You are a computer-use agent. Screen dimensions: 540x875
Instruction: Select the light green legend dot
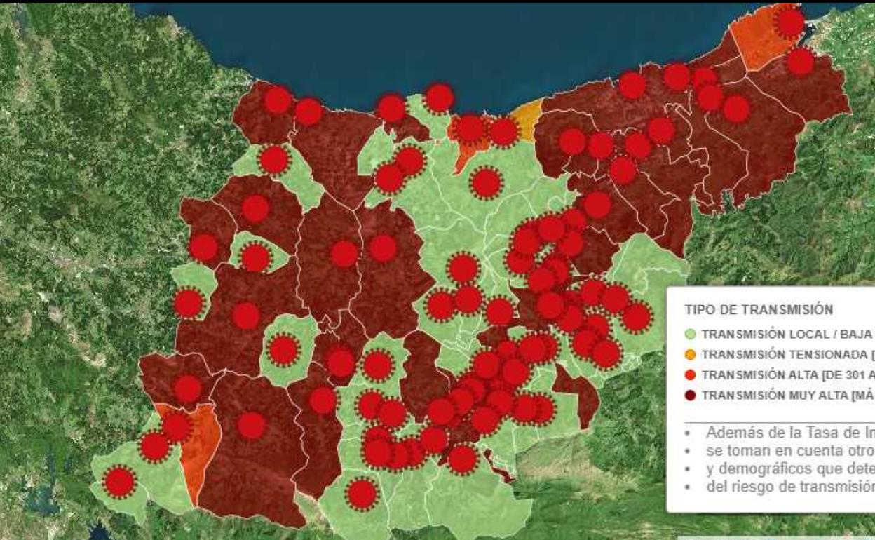(691, 334)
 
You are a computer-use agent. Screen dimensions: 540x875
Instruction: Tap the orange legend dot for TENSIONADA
(691, 354)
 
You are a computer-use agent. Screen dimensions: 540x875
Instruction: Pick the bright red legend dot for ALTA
(691, 374)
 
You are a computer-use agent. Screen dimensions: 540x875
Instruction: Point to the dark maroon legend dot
(691, 394)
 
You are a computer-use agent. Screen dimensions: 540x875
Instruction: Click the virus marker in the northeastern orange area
(789, 23)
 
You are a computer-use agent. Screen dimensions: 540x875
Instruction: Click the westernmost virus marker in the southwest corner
(120, 482)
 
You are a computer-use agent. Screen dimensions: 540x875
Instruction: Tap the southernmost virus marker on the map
(362, 494)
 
